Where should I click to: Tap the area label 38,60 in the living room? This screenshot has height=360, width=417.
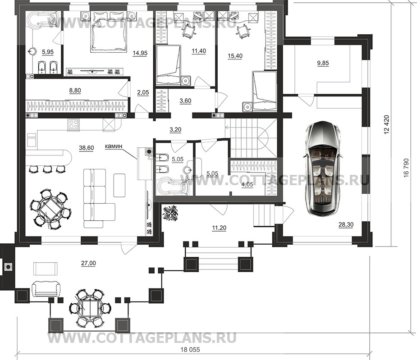coord(87,148)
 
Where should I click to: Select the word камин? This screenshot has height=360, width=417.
coord(114,146)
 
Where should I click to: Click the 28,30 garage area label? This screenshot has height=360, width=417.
coord(346,225)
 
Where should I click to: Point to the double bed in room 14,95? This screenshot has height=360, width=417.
coord(109,32)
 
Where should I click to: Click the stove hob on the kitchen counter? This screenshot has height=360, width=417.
coord(73,124)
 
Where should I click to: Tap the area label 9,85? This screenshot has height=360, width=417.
coord(323,63)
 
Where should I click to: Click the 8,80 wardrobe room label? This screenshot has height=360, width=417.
coord(75,91)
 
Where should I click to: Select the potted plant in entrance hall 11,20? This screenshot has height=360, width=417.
coord(170,212)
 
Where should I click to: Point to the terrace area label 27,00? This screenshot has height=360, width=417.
coord(88,263)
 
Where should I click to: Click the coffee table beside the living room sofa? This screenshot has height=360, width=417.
coord(119,185)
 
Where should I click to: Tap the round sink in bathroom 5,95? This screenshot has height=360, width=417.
coord(32,50)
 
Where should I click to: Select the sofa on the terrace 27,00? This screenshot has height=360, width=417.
coord(46,289)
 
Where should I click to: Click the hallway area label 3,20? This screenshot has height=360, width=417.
coord(175,130)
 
